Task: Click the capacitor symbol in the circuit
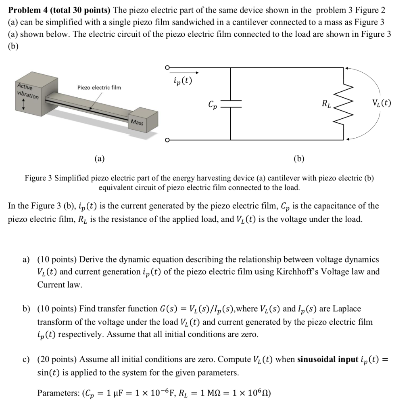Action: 231,104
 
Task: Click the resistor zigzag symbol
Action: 344,104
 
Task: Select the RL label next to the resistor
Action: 327,105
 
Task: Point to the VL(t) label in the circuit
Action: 382,103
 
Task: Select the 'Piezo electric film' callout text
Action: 99,87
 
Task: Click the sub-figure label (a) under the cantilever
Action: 99,159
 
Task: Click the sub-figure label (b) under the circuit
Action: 299,159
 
